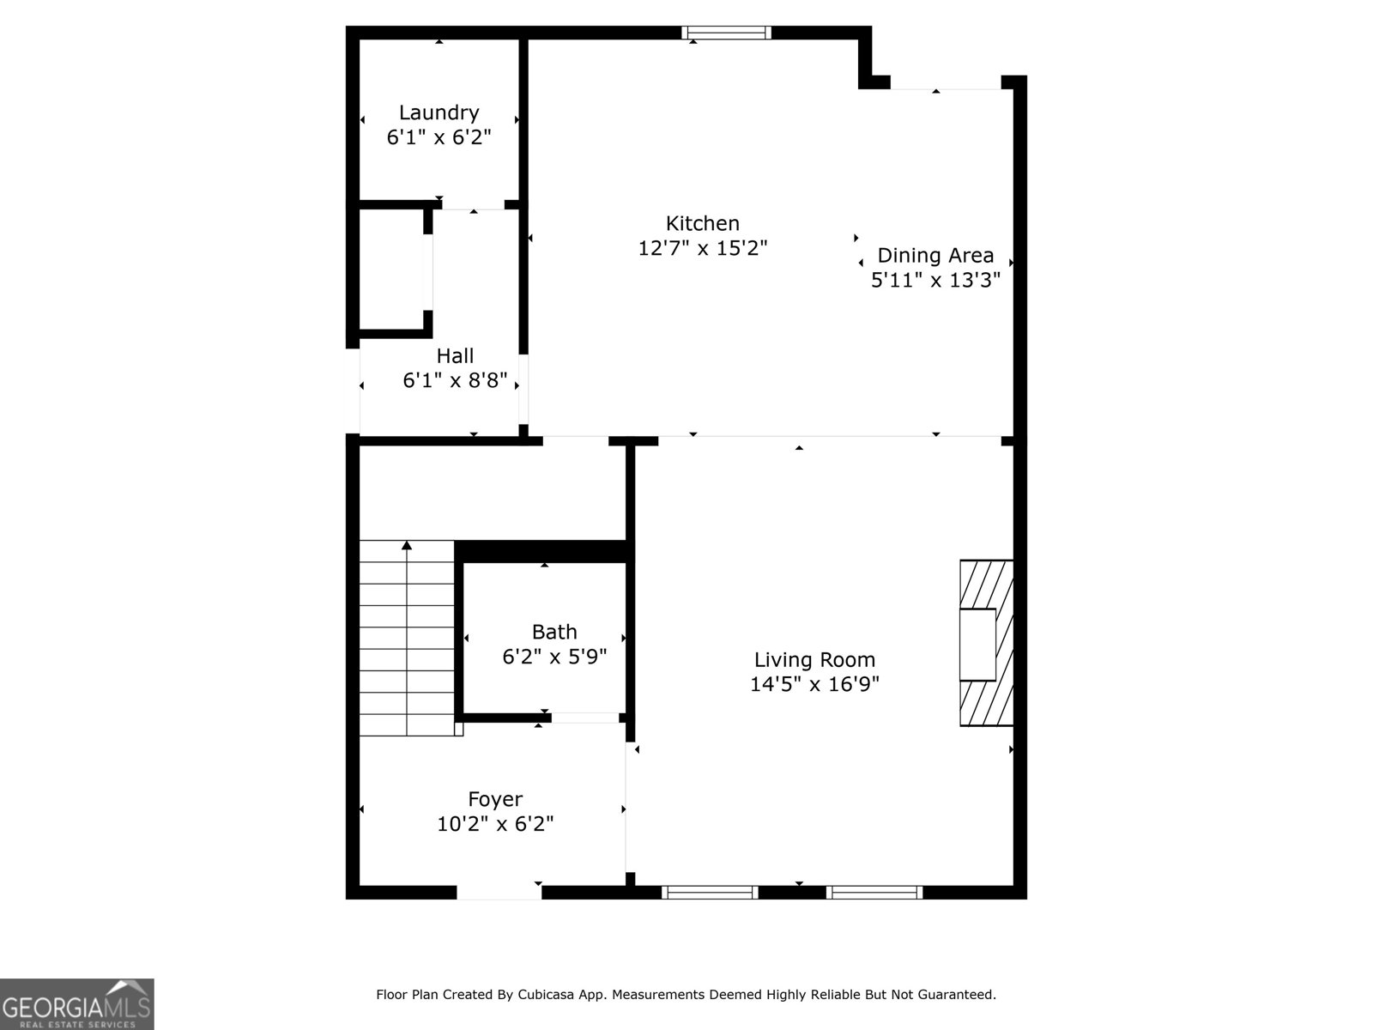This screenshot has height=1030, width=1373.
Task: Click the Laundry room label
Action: coord(439,113)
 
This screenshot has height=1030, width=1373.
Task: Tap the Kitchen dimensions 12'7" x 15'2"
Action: coord(703,248)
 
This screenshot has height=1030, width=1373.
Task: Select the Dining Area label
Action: coord(935,255)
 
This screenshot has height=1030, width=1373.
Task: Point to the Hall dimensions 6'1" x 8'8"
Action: coord(455,380)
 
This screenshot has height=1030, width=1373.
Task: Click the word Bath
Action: coord(554,632)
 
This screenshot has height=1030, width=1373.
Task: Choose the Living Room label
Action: coord(814,660)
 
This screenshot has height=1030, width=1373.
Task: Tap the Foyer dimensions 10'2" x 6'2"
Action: coord(495,824)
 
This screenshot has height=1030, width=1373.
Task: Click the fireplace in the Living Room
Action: coord(987,643)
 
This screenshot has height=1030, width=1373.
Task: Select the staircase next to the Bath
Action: coord(408,638)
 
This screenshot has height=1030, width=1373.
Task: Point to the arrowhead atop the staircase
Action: coord(407,545)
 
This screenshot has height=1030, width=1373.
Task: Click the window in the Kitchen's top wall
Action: coord(726,33)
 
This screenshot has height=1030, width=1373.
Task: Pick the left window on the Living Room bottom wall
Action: coord(710,893)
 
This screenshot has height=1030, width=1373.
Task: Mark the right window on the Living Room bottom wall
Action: coord(874,893)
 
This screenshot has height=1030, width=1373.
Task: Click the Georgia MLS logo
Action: coord(77,1003)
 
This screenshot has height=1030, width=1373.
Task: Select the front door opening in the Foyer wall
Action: coord(499,893)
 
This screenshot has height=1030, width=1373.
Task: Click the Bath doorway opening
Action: coord(585,718)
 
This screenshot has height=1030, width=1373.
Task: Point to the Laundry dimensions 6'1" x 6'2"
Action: coord(439,137)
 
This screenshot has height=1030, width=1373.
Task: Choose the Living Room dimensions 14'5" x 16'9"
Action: coord(814,684)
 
